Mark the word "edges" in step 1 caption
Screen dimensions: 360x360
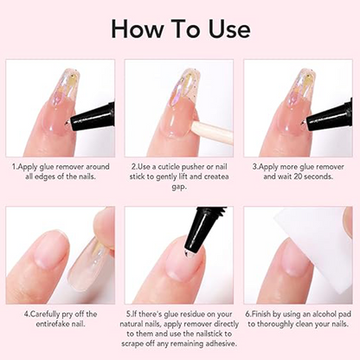61,176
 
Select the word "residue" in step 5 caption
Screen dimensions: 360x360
197,313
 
